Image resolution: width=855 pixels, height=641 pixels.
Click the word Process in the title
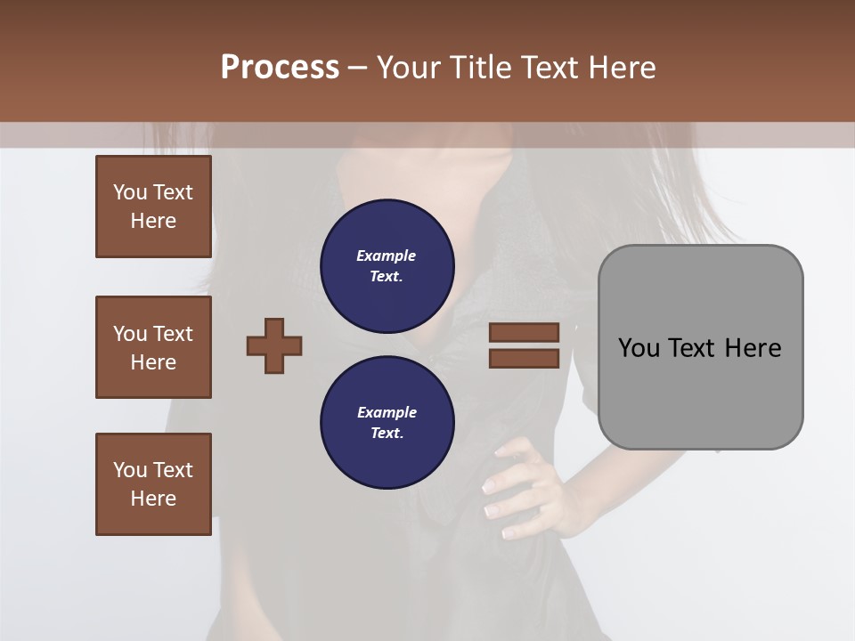pyautogui.click(x=280, y=68)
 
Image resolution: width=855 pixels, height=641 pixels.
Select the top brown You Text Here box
pyautogui.click(x=153, y=207)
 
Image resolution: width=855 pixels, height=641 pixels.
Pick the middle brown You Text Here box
pyautogui.click(x=153, y=347)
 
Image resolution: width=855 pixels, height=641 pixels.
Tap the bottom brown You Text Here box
pyautogui.click(x=153, y=484)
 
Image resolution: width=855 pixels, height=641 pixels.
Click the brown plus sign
pyautogui.click(x=274, y=345)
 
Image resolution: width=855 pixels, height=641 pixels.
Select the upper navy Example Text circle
pyautogui.click(x=387, y=266)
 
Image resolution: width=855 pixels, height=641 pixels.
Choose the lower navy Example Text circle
pyautogui.click(x=387, y=423)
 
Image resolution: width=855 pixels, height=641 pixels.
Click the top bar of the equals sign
pyautogui.click(x=524, y=332)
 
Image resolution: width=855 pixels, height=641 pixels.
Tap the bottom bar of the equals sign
pyautogui.click(x=524, y=358)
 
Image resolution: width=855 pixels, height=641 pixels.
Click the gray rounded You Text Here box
pyautogui.click(x=700, y=347)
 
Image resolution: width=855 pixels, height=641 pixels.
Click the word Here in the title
pyautogui.click(x=623, y=68)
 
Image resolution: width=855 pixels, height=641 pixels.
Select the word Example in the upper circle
pyautogui.click(x=387, y=256)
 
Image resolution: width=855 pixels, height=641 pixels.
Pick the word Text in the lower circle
pyautogui.click(x=387, y=434)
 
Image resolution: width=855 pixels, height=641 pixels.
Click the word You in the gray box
pyautogui.click(x=638, y=348)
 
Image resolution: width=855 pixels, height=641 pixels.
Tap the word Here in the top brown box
pyautogui.click(x=153, y=221)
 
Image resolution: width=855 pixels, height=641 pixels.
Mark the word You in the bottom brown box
pyautogui.click(x=130, y=470)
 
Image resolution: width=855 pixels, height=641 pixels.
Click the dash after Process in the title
pyautogui.click(x=358, y=68)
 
